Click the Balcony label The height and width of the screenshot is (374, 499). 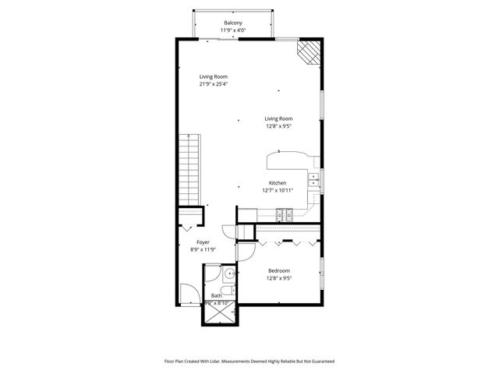(x=232, y=23)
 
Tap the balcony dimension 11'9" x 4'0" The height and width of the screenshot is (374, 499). (x=232, y=30)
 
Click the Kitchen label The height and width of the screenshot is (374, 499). (x=278, y=183)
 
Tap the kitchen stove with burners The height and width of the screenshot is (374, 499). (x=283, y=214)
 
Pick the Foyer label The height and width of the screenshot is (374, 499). (x=203, y=242)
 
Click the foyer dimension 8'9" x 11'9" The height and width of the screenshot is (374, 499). (x=203, y=250)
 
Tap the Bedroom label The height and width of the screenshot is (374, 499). (x=278, y=270)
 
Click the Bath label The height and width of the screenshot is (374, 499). (x=216, y=295)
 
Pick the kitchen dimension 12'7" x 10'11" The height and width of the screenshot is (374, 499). (x=278, y=190)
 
